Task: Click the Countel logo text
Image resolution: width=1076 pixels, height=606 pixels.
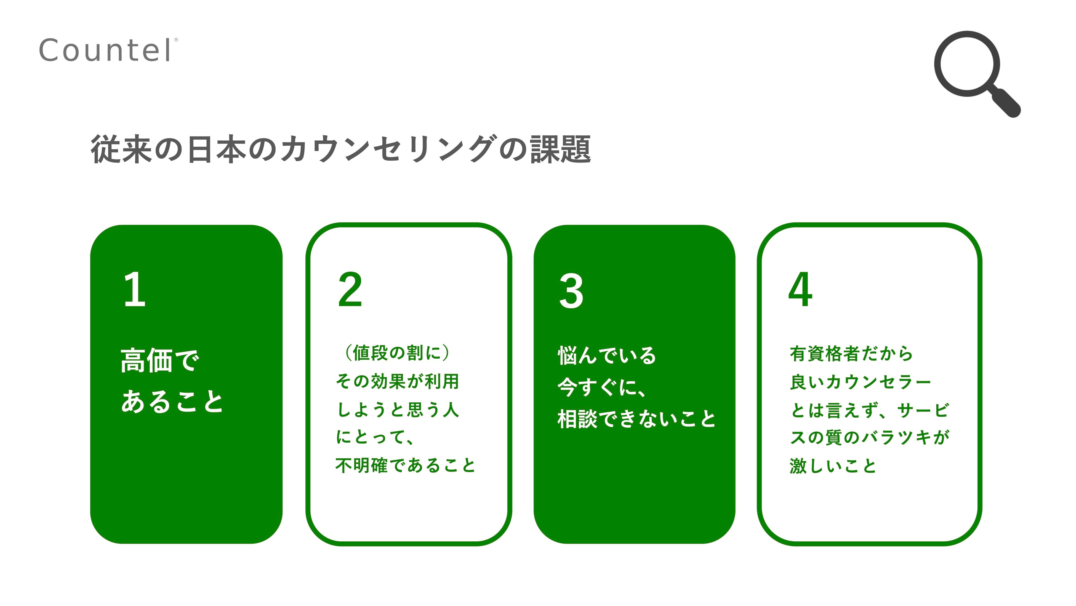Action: coord(106,51)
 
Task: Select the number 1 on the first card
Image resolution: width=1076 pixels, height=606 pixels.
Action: coord(135,289)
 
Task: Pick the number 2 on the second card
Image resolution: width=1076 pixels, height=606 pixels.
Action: coord(350,289)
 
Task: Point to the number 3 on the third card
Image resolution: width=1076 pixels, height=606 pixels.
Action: coord(571,291)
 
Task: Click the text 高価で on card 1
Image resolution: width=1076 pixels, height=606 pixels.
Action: coord(160,361)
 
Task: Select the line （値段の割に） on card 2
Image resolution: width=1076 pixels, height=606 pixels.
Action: coord(397,353)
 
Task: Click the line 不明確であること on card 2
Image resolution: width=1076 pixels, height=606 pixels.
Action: coord(405,465)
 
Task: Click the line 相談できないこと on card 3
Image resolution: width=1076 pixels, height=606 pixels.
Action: coord(636,419)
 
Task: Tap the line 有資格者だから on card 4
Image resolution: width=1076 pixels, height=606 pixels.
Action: coord(851,354)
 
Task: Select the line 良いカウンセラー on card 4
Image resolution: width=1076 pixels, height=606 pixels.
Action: coord(861,382)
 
